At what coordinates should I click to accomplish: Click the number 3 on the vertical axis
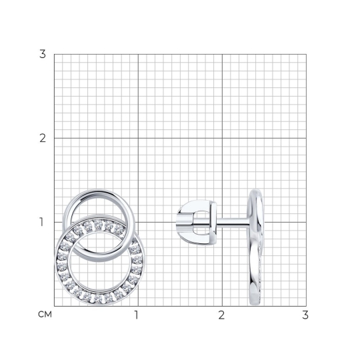point(43,54)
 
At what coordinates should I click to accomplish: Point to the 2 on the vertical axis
point(43,138)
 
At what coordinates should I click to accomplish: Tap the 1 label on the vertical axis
point(41,222)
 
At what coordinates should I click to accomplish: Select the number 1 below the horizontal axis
point(137,315)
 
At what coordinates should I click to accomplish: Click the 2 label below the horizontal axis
point(221,315)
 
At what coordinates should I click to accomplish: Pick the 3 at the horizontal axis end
point(305,315)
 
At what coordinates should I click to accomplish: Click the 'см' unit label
point(45,314)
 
